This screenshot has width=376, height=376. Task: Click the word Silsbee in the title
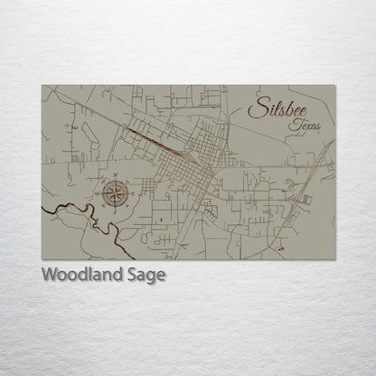tap(282, 110)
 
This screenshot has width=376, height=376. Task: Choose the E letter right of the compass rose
tap(136, 191)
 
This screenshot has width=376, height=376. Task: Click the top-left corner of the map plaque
tap(42, 86)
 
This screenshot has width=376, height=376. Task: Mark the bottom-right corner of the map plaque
tap(335, 258)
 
